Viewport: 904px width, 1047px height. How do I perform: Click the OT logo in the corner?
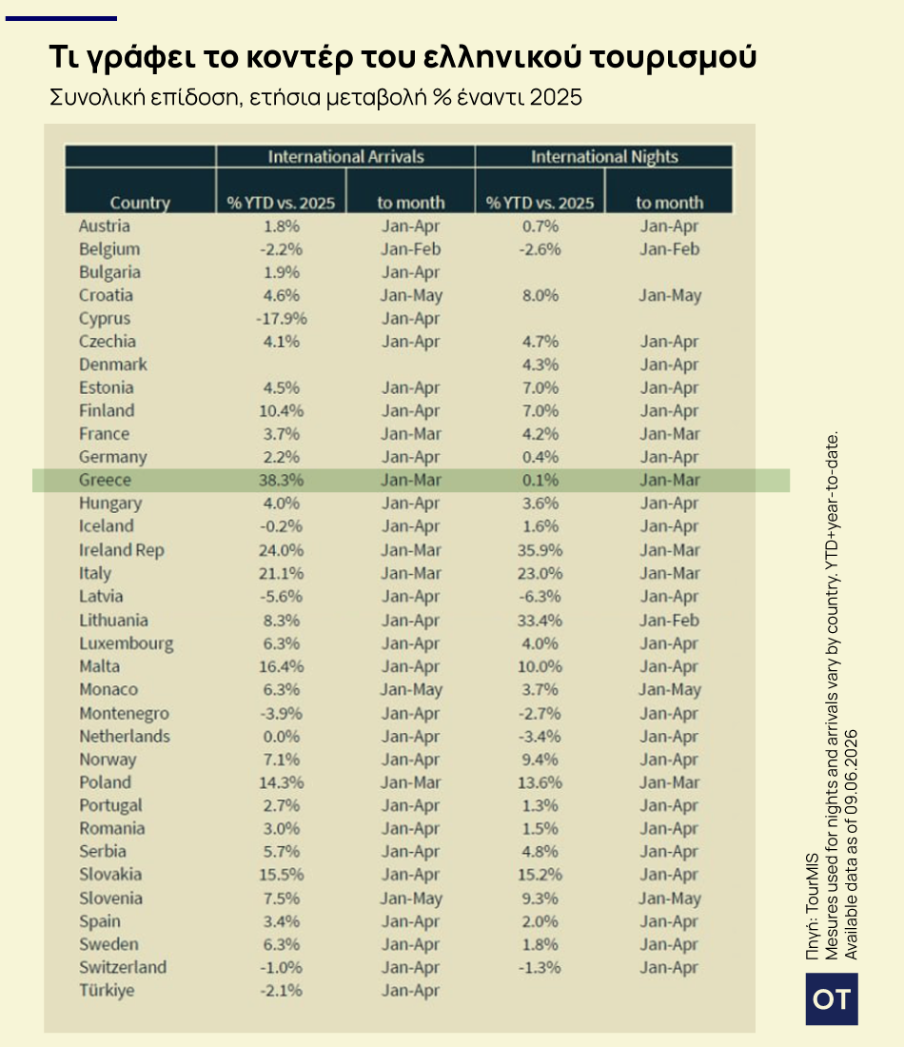pyautogui.click(x=832, y=998)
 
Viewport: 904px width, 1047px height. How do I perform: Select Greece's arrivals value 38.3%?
pyautogui.click(x=281, y=480)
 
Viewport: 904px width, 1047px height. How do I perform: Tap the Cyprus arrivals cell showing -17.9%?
pyautogui.click(x=281, y=319)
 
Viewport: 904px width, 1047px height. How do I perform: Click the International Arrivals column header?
pyautogui.click(x=345, y=156)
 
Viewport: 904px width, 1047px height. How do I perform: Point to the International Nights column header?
pyautogui.click(x=604, y=156)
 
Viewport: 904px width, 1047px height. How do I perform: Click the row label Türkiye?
pyautogui.click(x=107, y=990)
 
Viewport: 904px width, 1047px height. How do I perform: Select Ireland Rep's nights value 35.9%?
pyautogui.click(x=540, y=550)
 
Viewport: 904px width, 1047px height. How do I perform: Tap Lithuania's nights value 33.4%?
pyautogui.click(x=540, y=621)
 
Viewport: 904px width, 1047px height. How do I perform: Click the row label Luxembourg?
pyautogui.click(x=127, y=643)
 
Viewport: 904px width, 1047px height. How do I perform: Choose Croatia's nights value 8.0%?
pyautogui.click(x=540, y=295)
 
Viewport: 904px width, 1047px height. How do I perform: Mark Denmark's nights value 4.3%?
pyautogui.click(x=540, y=365)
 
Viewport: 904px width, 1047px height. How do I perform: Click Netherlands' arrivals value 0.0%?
pyautogui.click(x=281, y=737)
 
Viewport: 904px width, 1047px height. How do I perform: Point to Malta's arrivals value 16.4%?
pyautogui.click(x=281, y=666)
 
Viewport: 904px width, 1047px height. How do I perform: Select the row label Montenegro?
pyautogui.click(x=125, y=713)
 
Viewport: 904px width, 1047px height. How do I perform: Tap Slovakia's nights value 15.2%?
pyautogui.click(x=540, y=875)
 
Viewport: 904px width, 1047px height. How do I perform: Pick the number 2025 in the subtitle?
pyautogui.click(x=556, y=97)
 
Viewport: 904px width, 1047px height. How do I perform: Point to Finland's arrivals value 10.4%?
pyautogui.click(x=281, y=410)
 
